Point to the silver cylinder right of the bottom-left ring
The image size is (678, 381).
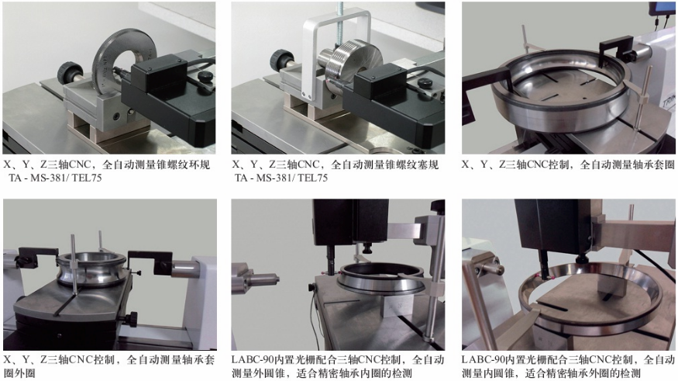click(x=186, y=270)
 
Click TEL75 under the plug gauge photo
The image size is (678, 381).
click(x=312, y=178)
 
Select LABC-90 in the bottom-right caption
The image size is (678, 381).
click(x=482, y=360)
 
